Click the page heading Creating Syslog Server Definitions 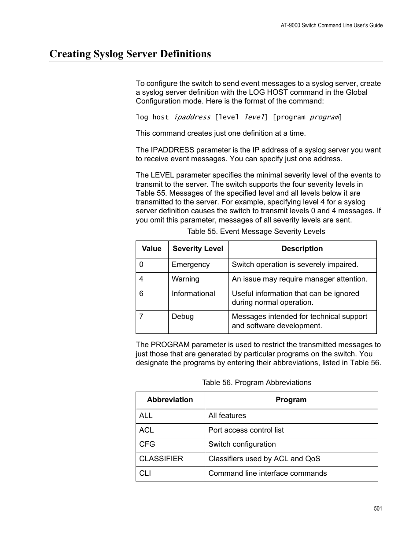pyautogui.click(x=130, y=54)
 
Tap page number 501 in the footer pyautogui.click(x=378, y=508)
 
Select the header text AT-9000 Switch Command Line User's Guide pyautogui.click(x=332, y=26)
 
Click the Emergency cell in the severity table pyautogui.click(x=191, y=265)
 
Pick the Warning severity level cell pyautogui.click(x=185, y=279)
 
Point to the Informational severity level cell pyautogui.click(x=193, y=294)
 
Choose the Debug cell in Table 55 pyautogui.click(x=183, y=317)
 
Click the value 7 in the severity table pyautogui.click(x=141, y=317)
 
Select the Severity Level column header pyautogui.click(x=198, y=249)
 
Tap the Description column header pyautogui.click(x=302, y=249)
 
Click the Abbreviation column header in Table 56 pyautogui.click(x=170, y=400)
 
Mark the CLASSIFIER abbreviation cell pyautogui.click(x=161, y=459)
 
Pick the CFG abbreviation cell pyautogui.click(x=147, y=444)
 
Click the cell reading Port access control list pyautogui.click(x=246, y=430)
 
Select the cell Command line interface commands pyautogui.click(x=268, y=474)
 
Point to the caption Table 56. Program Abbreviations pyautogui.click(x=257, y=383)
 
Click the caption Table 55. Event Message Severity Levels pyautogui.click(x=256, y=232)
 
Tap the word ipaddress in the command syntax pyautogui.click(x=192, y=117)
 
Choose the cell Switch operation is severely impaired pyautogui.click(x=295, y=265)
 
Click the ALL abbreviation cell pyautogui.click(x=146, y=416)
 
